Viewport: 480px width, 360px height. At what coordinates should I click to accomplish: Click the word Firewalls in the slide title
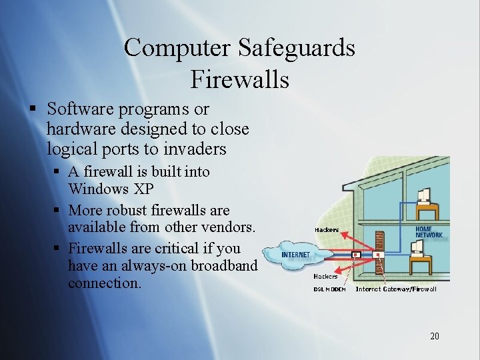[239, 79]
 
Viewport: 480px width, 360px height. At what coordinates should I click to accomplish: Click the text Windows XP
[111, 189]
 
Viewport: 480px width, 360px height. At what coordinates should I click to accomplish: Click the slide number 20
[434, 336]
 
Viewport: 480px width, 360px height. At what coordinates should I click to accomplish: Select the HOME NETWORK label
[429, 231]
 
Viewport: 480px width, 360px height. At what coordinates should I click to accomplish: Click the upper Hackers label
[326, 230]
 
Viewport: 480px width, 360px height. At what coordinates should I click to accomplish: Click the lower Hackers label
[325, 276]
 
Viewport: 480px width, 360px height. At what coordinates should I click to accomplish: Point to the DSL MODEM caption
[329, 289]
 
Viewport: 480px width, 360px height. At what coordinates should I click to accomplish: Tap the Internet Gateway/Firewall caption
[396, 289]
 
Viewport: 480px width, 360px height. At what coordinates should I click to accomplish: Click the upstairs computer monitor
[423, 195]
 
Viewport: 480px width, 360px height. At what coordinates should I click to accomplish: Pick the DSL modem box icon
[356, 254]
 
